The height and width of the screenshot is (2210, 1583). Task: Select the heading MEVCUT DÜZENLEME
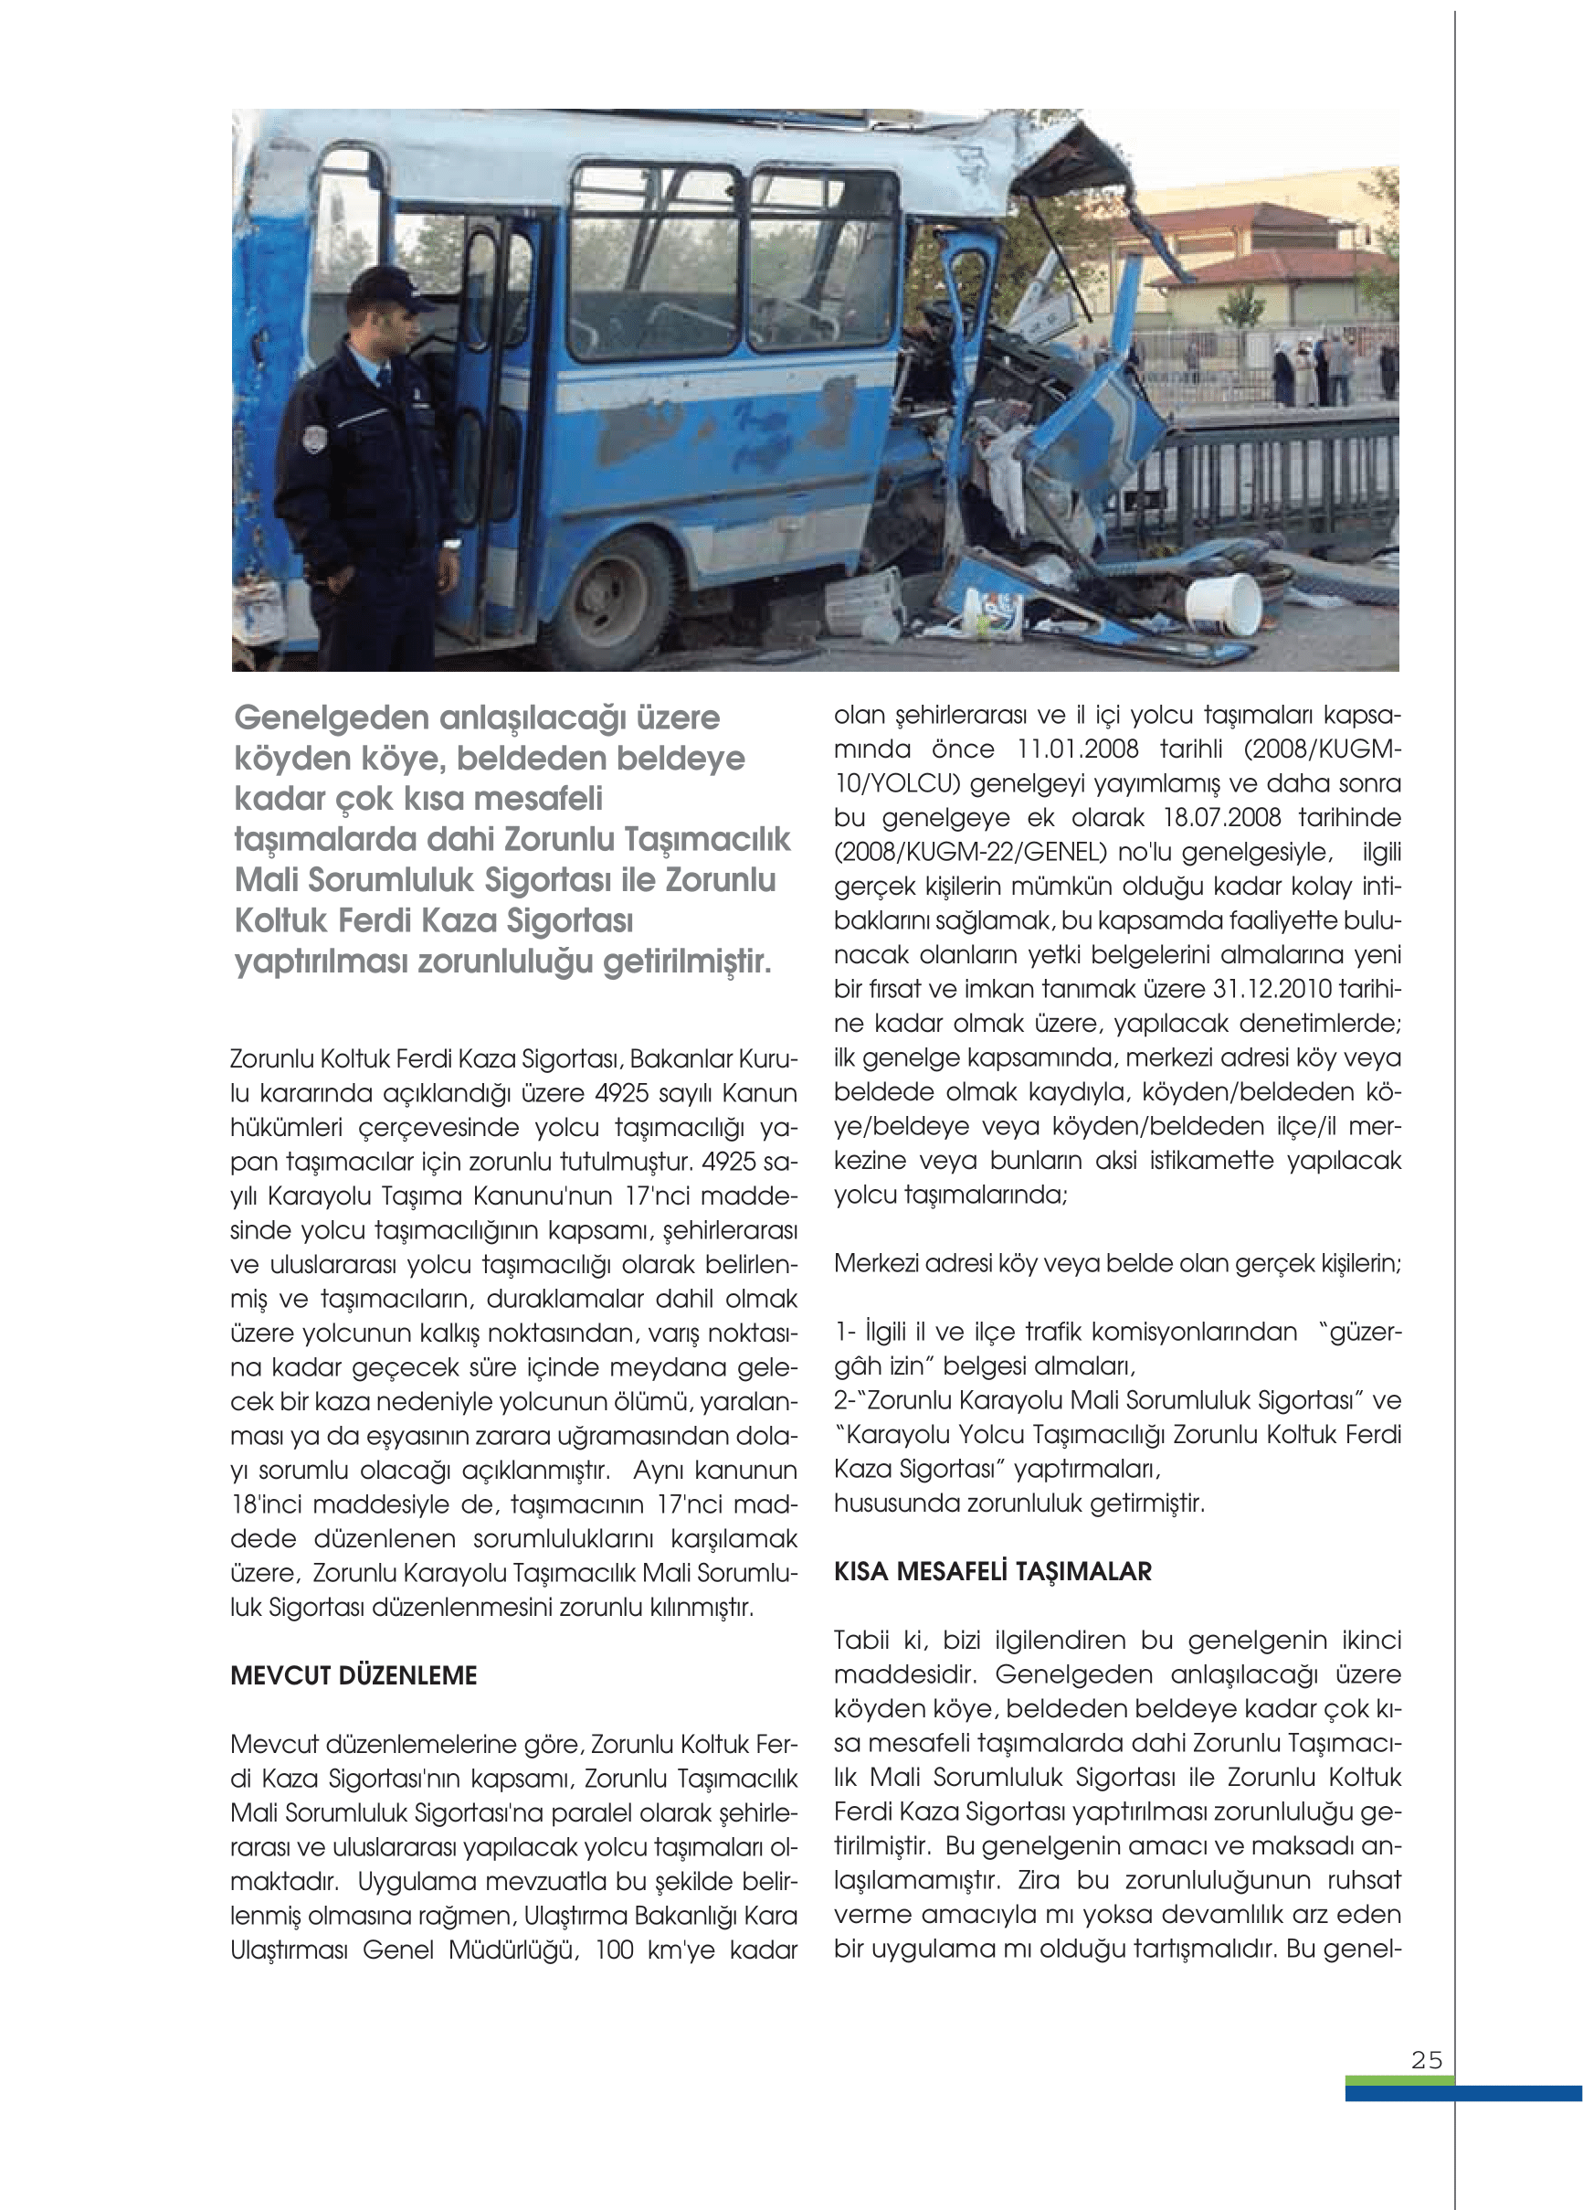pos(354,1675)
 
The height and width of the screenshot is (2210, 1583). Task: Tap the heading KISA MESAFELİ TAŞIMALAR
pos(992,1571)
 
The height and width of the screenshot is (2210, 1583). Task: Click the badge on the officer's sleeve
pos(313,439)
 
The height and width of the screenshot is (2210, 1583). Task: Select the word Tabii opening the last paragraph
pos(861,1639)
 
